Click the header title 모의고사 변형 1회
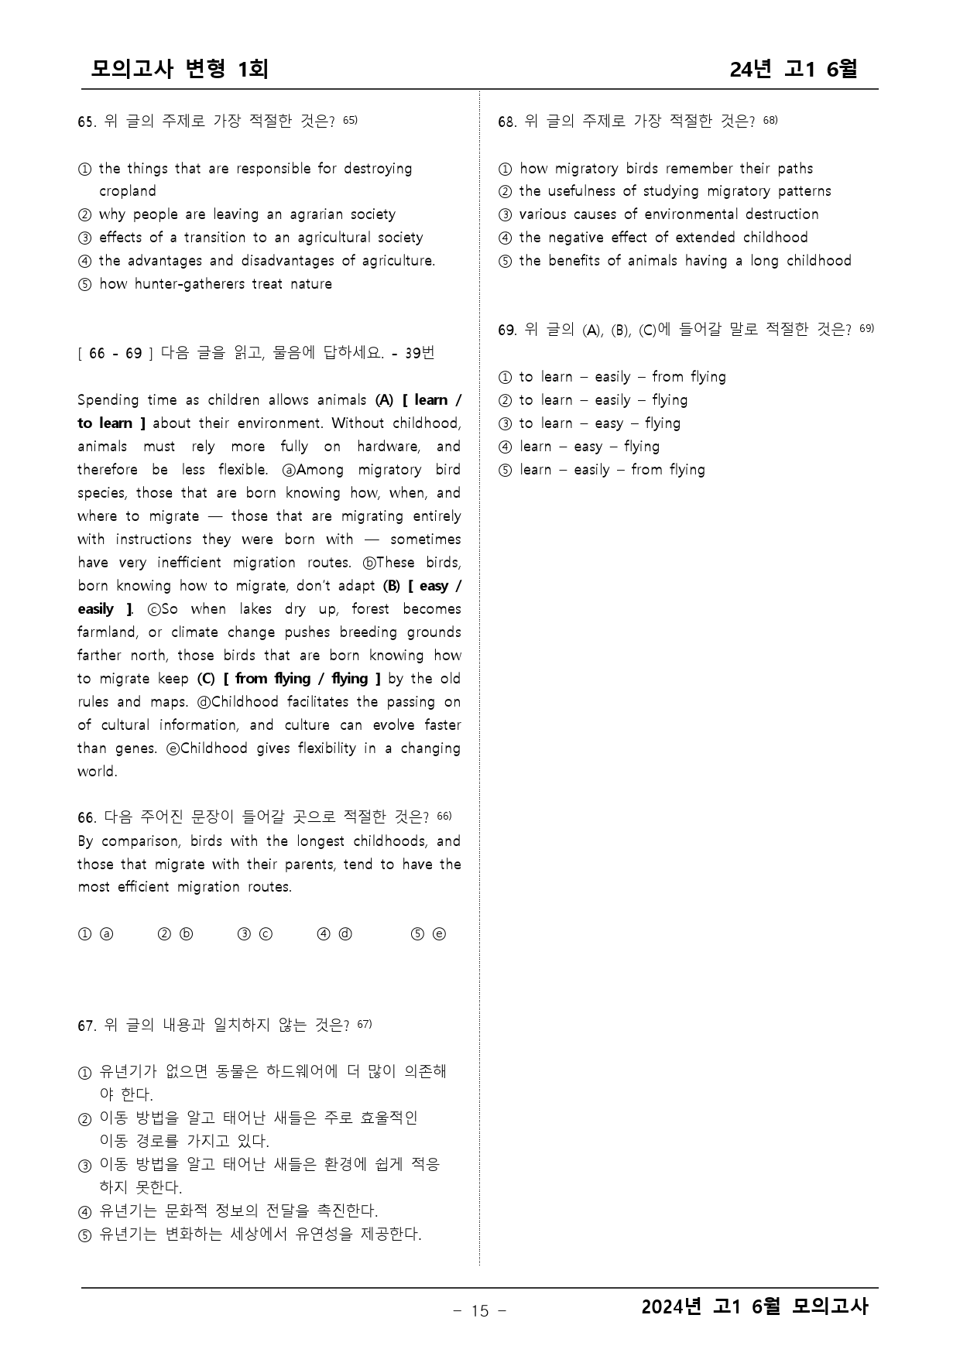(180, 69)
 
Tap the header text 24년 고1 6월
(793, 69)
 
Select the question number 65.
(85, 122)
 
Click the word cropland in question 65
(127, 191)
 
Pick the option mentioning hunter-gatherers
(215, 284)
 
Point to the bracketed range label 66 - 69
(115, 354)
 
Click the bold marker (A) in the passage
(385, 400)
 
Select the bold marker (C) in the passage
(205, 679)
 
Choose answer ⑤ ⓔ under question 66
(428, 934)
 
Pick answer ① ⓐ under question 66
(95, 934)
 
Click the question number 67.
(85, 1026)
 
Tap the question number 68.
(506, 122)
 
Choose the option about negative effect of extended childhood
(663, 238)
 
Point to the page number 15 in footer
(479, 1310)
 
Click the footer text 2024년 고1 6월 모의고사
(755, 1307)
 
